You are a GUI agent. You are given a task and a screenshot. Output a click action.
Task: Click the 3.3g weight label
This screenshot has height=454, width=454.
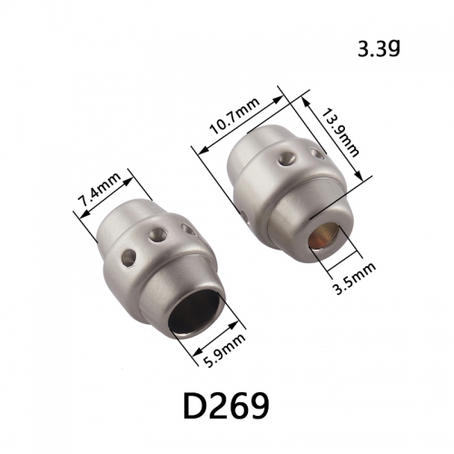379,49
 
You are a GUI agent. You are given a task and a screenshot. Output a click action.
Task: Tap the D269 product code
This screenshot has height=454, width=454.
226,405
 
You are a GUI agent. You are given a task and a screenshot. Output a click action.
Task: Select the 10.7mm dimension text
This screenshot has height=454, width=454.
235,116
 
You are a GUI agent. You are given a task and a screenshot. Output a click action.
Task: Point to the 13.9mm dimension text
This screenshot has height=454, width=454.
339,133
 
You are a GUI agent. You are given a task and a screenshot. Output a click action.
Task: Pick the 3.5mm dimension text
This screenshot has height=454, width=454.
354,279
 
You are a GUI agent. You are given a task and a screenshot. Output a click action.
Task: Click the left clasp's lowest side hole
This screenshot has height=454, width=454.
129,259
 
